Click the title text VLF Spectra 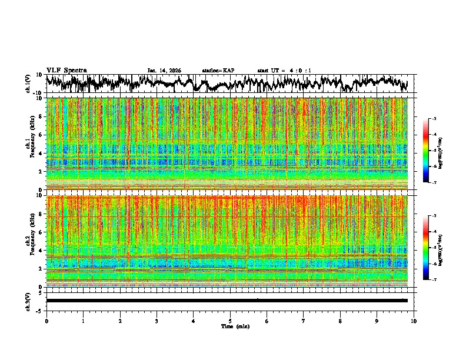66,70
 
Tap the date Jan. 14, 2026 164,71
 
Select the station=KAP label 218,71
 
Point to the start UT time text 284,71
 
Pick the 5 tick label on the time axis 230,321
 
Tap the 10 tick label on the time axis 414,321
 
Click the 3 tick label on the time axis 157,321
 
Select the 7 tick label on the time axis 304,321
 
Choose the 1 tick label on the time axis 83,321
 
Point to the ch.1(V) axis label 28,84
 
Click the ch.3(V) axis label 28,300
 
